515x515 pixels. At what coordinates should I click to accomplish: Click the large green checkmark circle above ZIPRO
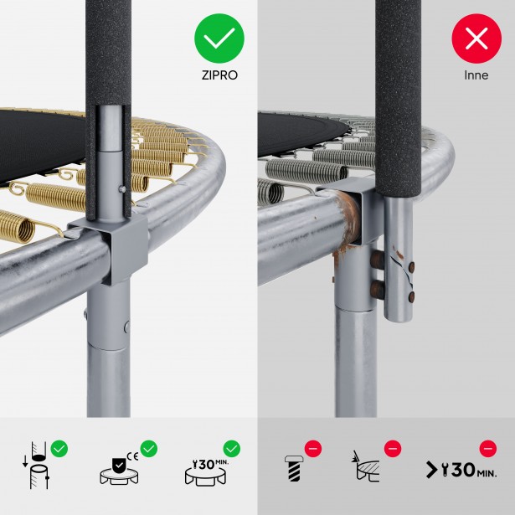pos(219,39)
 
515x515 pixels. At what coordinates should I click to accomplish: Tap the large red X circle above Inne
pos(476,39)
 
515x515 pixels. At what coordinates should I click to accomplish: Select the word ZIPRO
pos(219,75)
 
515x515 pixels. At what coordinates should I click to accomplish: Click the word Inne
pos(476,75)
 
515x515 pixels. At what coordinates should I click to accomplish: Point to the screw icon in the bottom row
pos(293,468)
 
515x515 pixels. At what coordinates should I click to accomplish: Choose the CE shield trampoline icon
pos(119,469)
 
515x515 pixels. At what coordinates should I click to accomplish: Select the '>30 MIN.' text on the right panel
pos(461,470)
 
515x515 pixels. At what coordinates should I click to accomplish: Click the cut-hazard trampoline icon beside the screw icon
pos(366,466)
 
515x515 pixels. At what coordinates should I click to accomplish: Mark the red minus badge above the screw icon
pos(313,448)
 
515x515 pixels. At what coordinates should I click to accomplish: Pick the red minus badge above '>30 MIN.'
pos(488,448)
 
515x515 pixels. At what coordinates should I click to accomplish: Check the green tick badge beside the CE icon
pos(149,448)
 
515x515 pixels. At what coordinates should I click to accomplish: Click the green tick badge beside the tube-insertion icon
pos(59,448)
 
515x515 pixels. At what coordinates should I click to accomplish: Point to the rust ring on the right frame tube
pos(350,217)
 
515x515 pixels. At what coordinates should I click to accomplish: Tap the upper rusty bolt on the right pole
pos(378,260)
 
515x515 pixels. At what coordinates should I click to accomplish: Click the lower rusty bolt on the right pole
pos(378,289)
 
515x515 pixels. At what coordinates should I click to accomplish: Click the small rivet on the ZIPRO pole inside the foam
pos(122,189)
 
